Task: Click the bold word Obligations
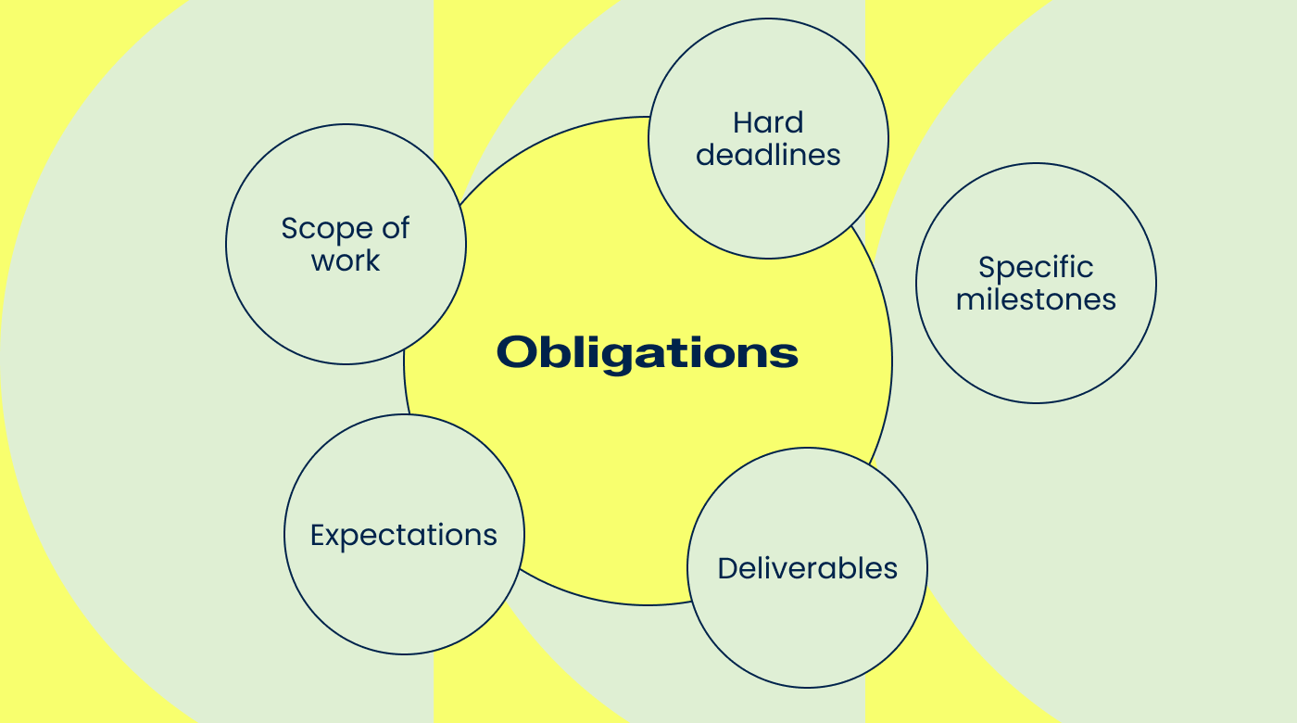(647, 352)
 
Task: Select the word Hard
(768, 122)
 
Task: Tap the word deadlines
(768, 155)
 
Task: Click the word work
(346, 261)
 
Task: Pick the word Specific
(1036, 268)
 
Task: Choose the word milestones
(1036, 299)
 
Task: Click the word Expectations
(404, 536)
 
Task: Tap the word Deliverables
(808, 568)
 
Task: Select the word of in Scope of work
(395, 228)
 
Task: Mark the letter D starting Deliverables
(727, 568)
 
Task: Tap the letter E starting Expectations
(317, 536)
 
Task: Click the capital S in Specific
(988, 268)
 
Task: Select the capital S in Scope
(290, 229)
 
